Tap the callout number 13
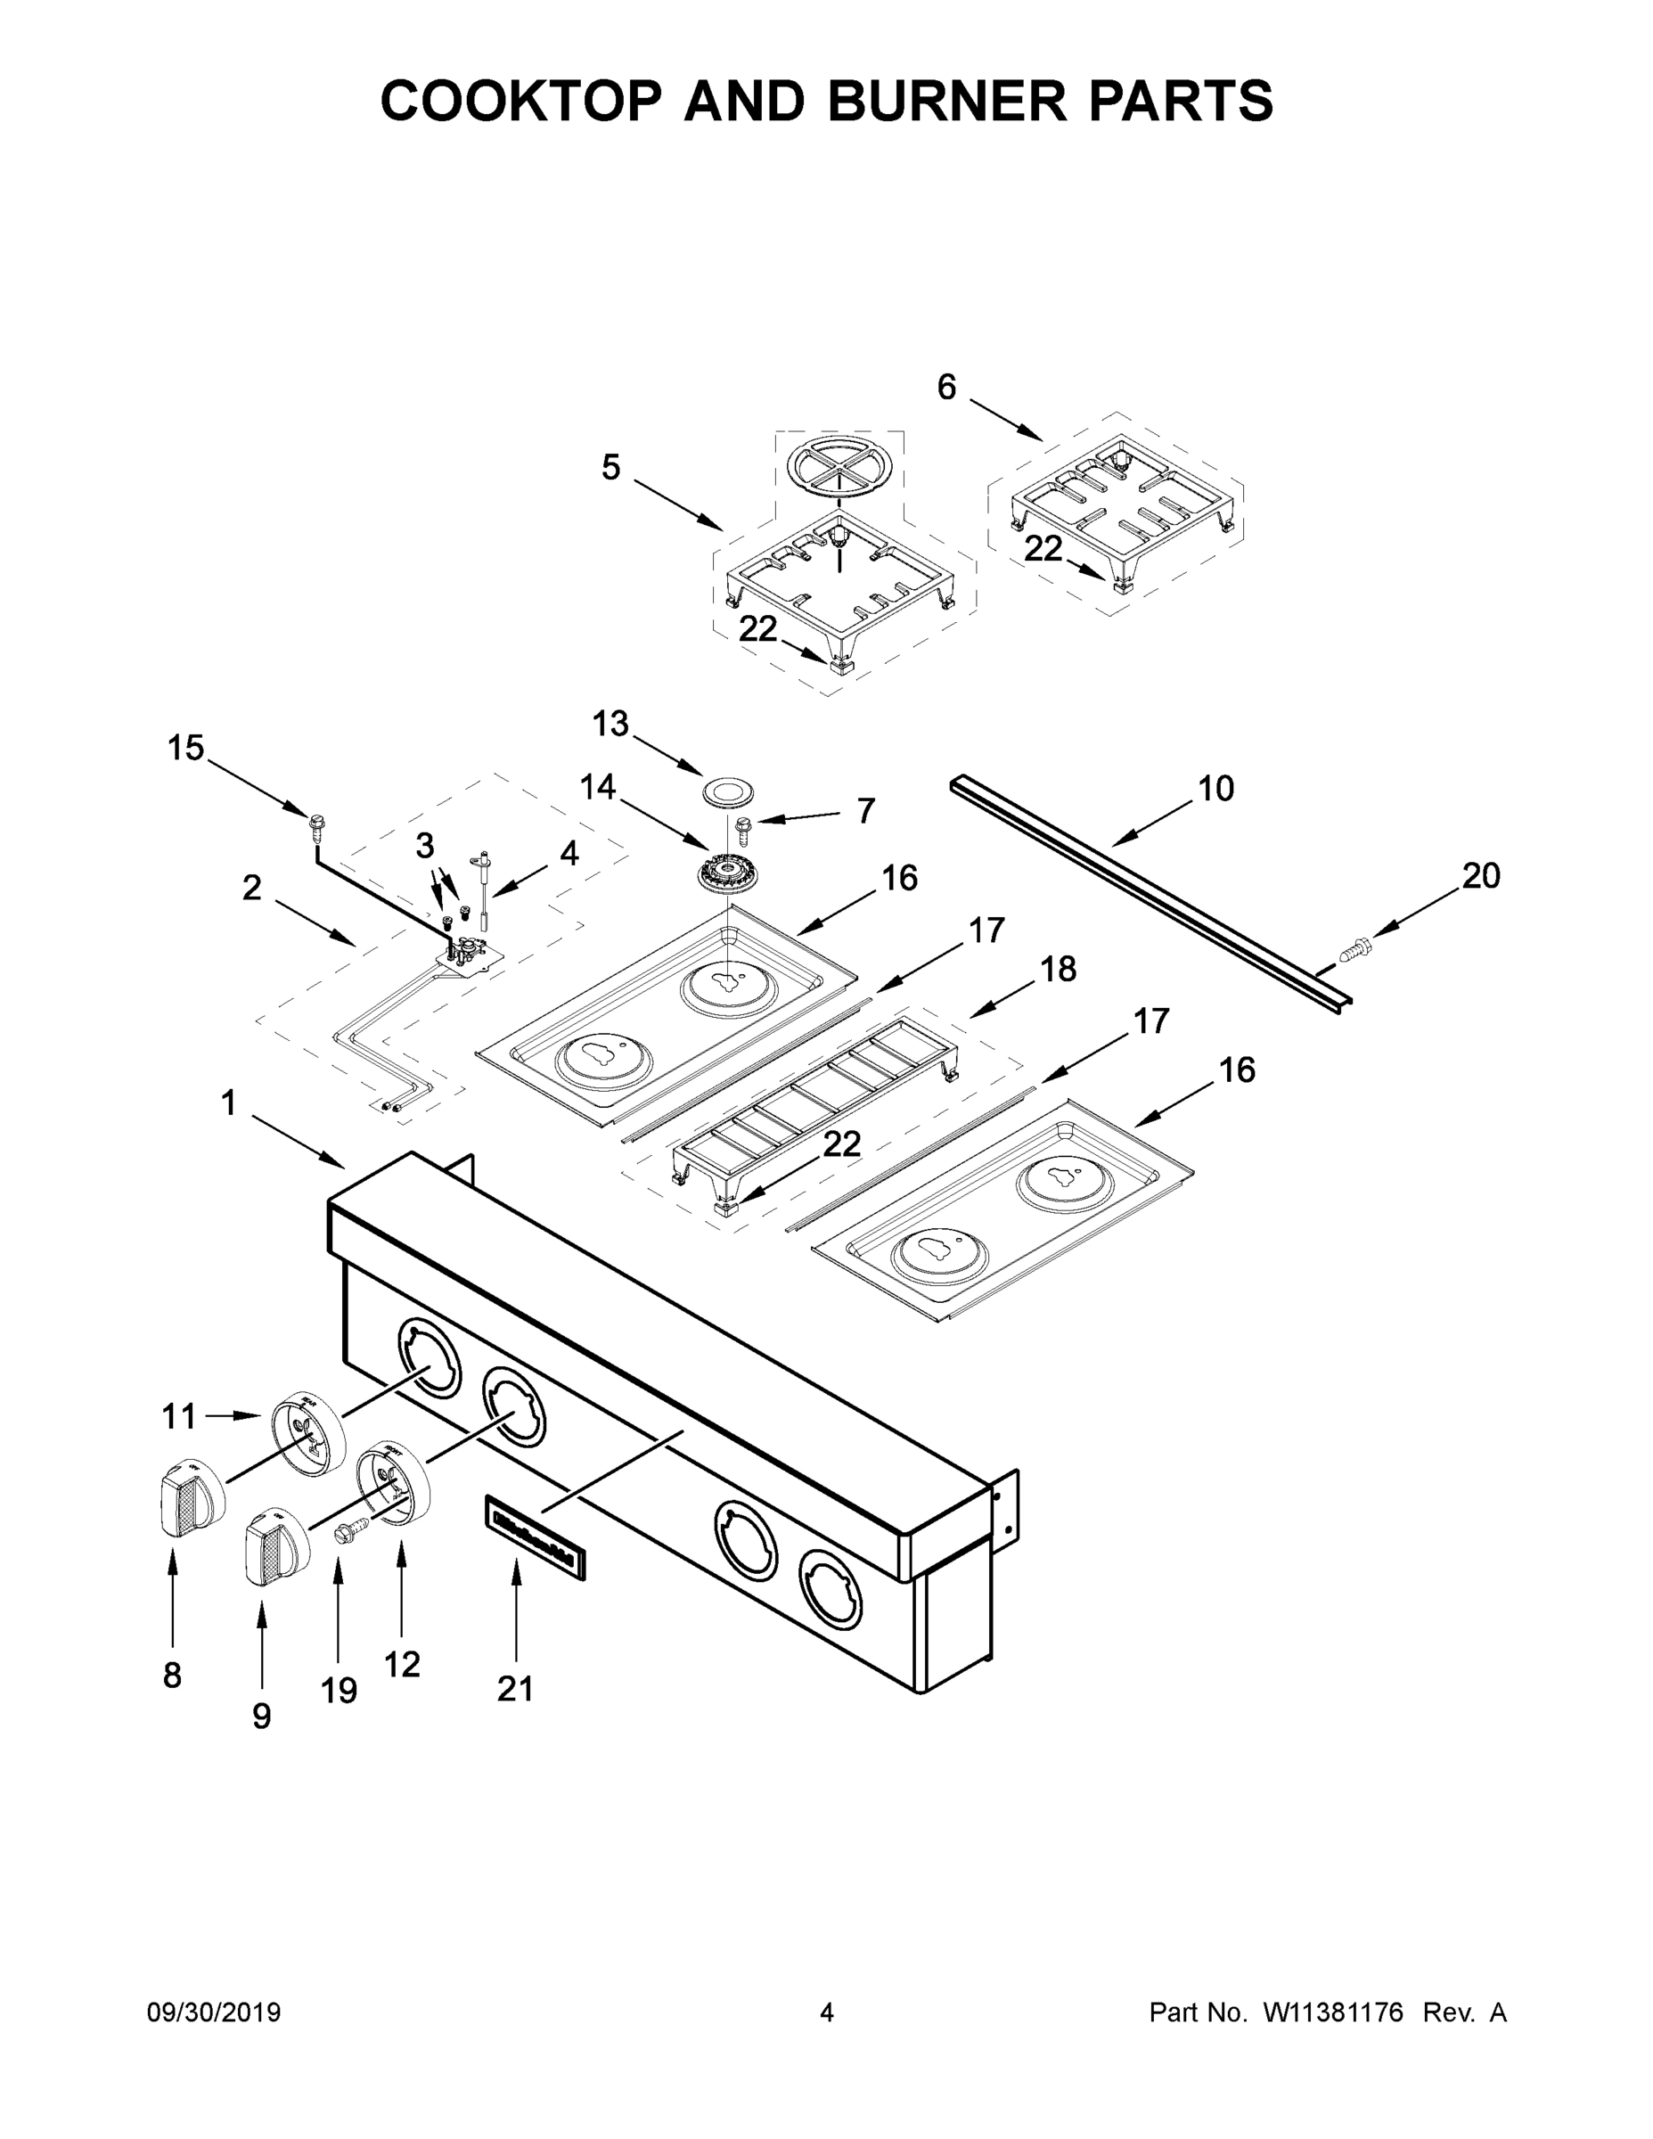[x=610, y=724]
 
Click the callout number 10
[x=1215, y=789]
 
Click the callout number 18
[x=1059, y=969]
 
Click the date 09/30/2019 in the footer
[x=214, y=2012]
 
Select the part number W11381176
[x=1333, y=2012]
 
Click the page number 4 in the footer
[x=827, y=2012]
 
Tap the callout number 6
[x=946, y=387]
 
